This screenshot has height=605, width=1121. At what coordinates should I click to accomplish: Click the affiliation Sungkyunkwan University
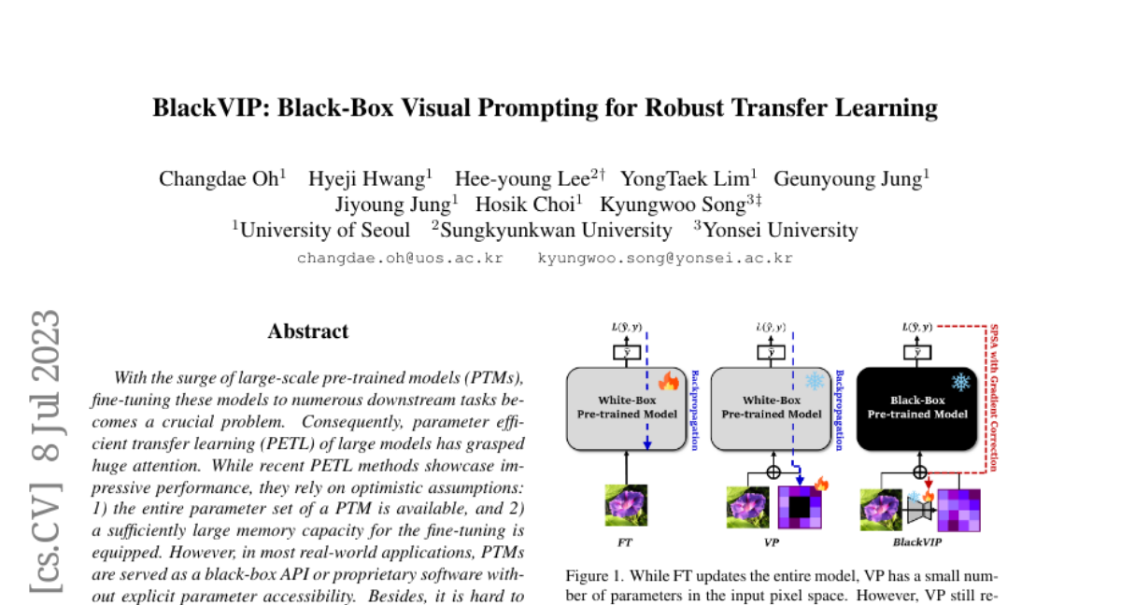(556, 230)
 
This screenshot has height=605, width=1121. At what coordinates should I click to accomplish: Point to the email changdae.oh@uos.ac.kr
(400, 258)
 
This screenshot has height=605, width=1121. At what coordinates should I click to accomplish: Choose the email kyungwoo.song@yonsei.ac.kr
(665, 258)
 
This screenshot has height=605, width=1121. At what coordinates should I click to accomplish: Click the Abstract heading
(308, 331)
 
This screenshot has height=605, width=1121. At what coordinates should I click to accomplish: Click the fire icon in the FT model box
(668, 381)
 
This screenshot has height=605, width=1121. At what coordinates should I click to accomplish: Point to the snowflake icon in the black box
(959, 382)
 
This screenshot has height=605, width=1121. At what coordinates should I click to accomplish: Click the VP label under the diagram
(772, 542)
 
